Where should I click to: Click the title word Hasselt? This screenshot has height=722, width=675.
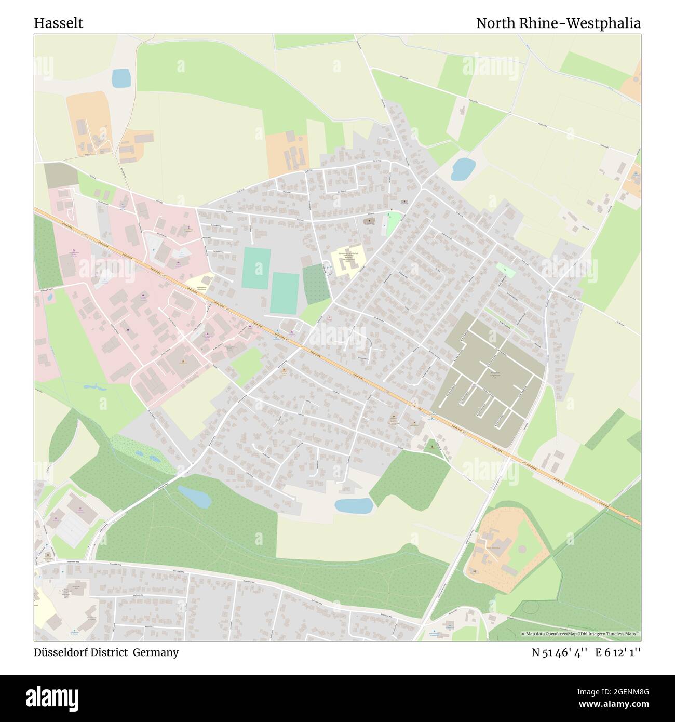(x=58, y=23)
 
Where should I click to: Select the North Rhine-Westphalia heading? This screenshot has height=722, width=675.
(x=558, y=23)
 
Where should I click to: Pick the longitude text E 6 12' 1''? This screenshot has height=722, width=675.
(x=618, y=653)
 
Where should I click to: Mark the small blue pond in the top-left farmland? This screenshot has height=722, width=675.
(x=121, y=78)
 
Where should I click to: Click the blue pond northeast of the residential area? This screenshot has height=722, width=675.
(x=463, y=169)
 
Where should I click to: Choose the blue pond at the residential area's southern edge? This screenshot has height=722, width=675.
(x=354, y=505)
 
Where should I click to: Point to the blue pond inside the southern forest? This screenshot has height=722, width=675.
(x=194, y=498)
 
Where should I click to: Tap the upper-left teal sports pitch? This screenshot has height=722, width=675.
(x=256, y=268)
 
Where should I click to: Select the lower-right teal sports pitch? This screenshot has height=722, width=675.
(x=285, y=293)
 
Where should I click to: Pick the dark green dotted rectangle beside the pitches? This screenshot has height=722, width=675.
(x=316, y=284)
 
